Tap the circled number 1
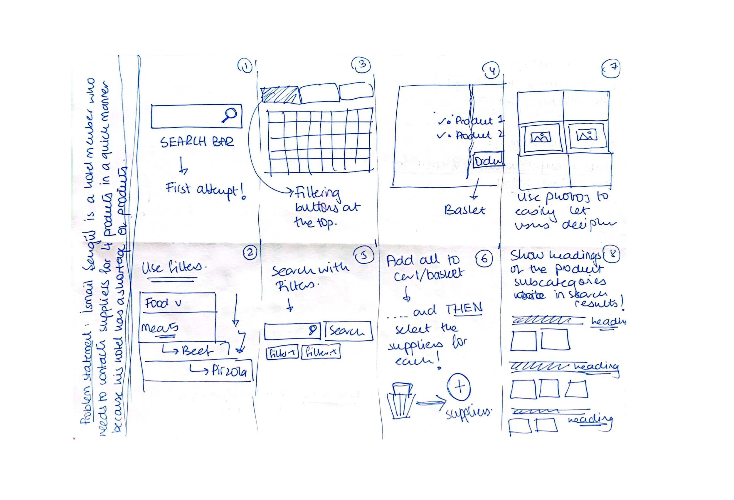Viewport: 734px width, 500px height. [245, 66]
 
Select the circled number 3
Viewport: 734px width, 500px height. [361, 65]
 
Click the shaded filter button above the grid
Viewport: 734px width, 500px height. [280, 95]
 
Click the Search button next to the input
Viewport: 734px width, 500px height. [348, 331]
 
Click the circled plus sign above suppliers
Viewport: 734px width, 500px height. [459, 387]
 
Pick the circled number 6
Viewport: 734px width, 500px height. [484, 259]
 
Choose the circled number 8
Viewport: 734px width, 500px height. [612, 254]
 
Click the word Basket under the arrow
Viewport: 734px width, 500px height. [464, 210]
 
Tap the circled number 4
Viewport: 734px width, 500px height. [491, 70]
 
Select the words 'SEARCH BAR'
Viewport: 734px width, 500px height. [197, 142]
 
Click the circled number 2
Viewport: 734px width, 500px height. [250, 253]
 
